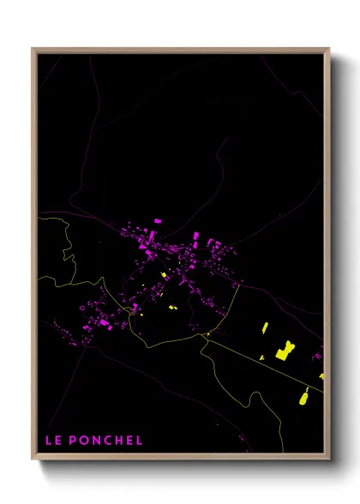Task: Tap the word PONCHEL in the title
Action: [x=105, y=441]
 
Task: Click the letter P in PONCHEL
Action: [x=71, y=441]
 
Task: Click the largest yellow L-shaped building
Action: [x=284, y=351]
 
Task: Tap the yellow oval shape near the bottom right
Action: [x=303, y=396]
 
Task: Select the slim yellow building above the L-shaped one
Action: [x=265, y=328]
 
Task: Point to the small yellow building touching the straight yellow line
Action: [x=261, y=357]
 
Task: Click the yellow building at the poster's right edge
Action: [x=321, y=375]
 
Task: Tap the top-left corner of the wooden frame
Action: [x=33, y=50]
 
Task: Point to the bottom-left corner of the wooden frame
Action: [x=33, y=460]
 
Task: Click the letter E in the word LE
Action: [x=57, y=441]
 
